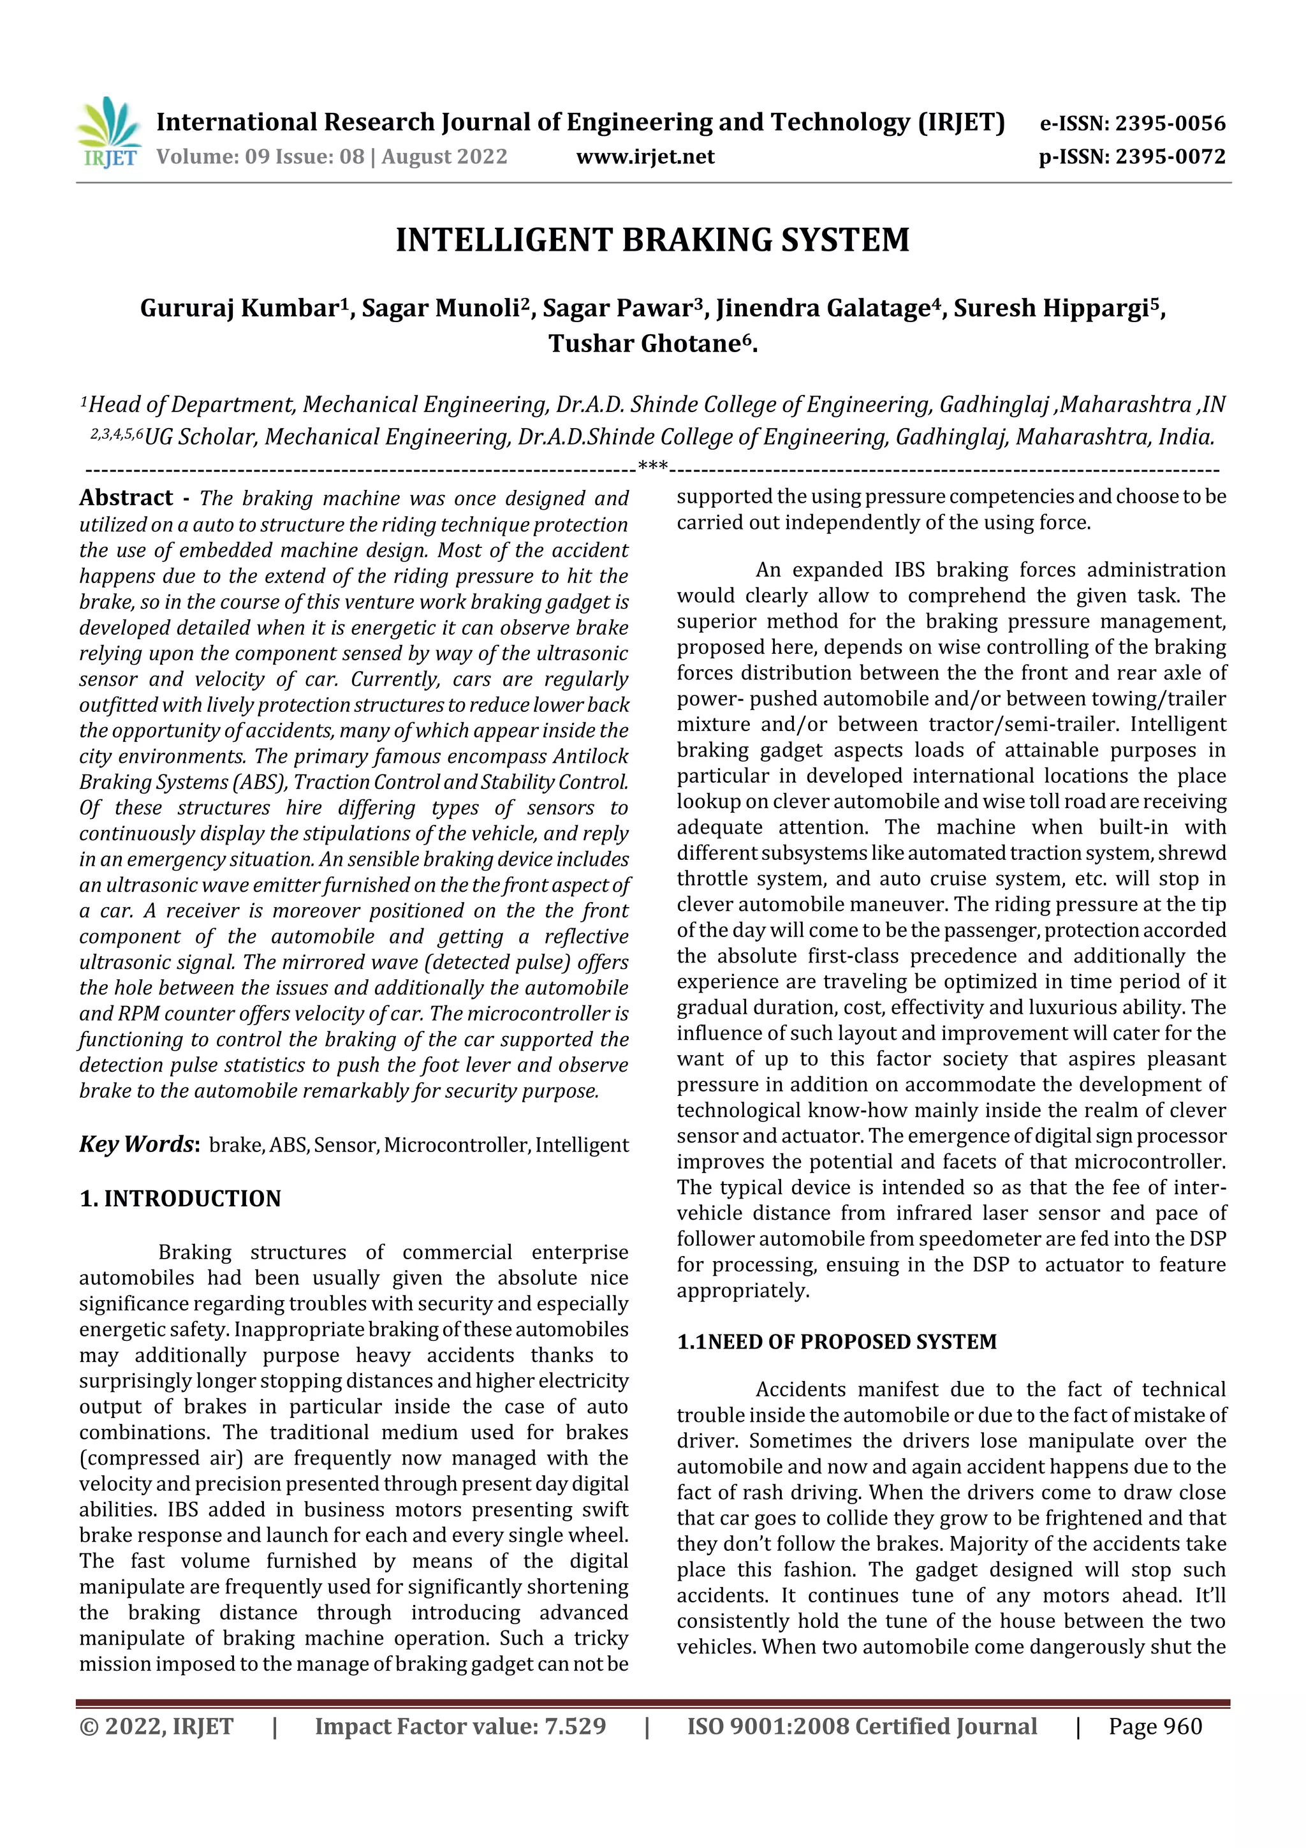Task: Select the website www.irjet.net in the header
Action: [645, 156]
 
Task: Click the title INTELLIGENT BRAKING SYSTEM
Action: [652, 240]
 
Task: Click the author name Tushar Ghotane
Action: [643, 344]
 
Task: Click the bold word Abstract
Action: [126, 498]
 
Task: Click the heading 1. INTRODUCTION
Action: [180, 1199]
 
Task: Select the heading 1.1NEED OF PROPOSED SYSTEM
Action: [836, 1342]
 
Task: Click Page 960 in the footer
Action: [1155, 1726]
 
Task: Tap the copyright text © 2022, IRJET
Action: [156, 1726]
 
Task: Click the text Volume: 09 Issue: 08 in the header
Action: [260, 156]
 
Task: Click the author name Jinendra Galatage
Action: [823, 308]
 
